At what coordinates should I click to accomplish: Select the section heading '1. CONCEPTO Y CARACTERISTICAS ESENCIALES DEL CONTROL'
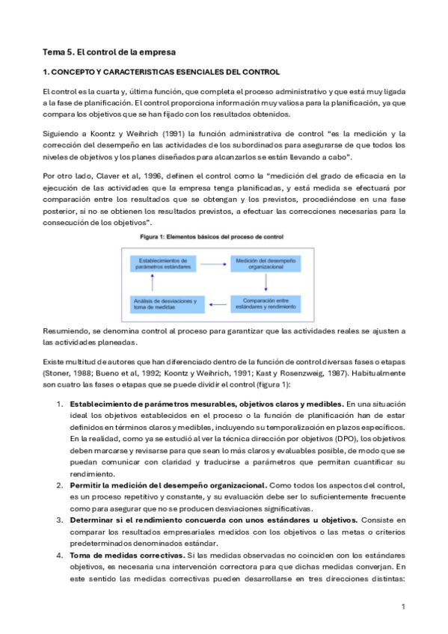click(161, 73)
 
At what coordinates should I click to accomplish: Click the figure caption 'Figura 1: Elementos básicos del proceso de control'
click(212, 237)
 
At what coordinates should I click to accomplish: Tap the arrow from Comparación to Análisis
click(223, 304)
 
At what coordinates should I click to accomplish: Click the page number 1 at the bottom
click(402, 606)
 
